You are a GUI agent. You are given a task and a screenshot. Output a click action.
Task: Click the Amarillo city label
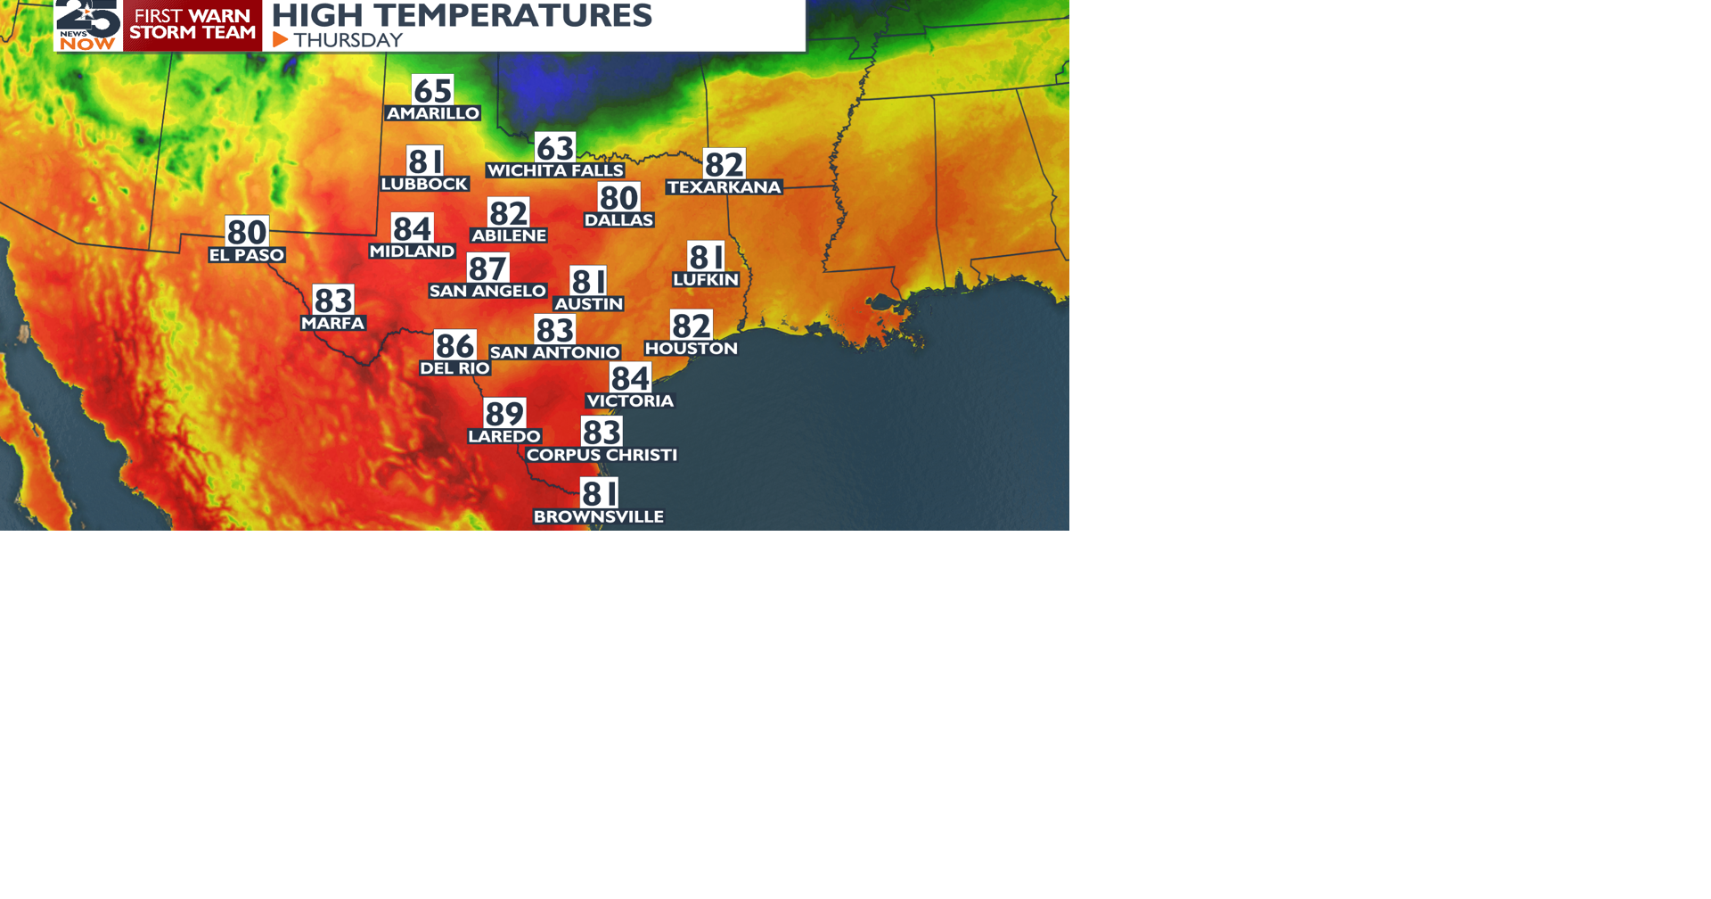click(432, 113)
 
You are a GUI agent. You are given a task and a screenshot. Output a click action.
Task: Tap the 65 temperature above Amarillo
click(432, 90)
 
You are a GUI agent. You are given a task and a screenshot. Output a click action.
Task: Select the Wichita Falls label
click(554, 170)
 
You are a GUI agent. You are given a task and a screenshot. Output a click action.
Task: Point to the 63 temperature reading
click(554, 147)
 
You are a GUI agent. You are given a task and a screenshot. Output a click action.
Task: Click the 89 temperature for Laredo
click(504, 414)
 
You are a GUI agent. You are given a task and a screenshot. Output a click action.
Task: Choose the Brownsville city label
click(598, 517)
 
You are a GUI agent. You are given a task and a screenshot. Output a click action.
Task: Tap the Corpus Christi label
click(602, 455)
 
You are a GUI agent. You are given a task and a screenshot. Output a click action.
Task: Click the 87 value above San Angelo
click(487, 268)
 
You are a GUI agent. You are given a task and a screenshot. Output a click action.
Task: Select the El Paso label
click(247, 255)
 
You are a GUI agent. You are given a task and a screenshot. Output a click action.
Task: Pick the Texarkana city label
click(724, 187)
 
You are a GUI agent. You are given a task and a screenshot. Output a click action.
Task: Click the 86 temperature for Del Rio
click(454, 345)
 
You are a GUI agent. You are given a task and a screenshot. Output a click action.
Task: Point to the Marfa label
click(332, 323)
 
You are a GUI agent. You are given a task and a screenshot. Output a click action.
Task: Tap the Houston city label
click(691, 349)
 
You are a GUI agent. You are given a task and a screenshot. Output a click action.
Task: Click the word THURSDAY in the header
click(348, 40)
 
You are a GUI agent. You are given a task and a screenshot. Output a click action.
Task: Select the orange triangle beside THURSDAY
click(280, 40)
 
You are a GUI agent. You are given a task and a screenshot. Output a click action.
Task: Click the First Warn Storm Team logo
click(192, 24)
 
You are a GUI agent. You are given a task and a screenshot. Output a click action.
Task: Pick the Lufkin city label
click(706, 280)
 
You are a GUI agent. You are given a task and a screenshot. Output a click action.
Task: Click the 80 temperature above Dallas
click(618, 198)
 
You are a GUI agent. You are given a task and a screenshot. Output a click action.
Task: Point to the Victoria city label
click(630, 401)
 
